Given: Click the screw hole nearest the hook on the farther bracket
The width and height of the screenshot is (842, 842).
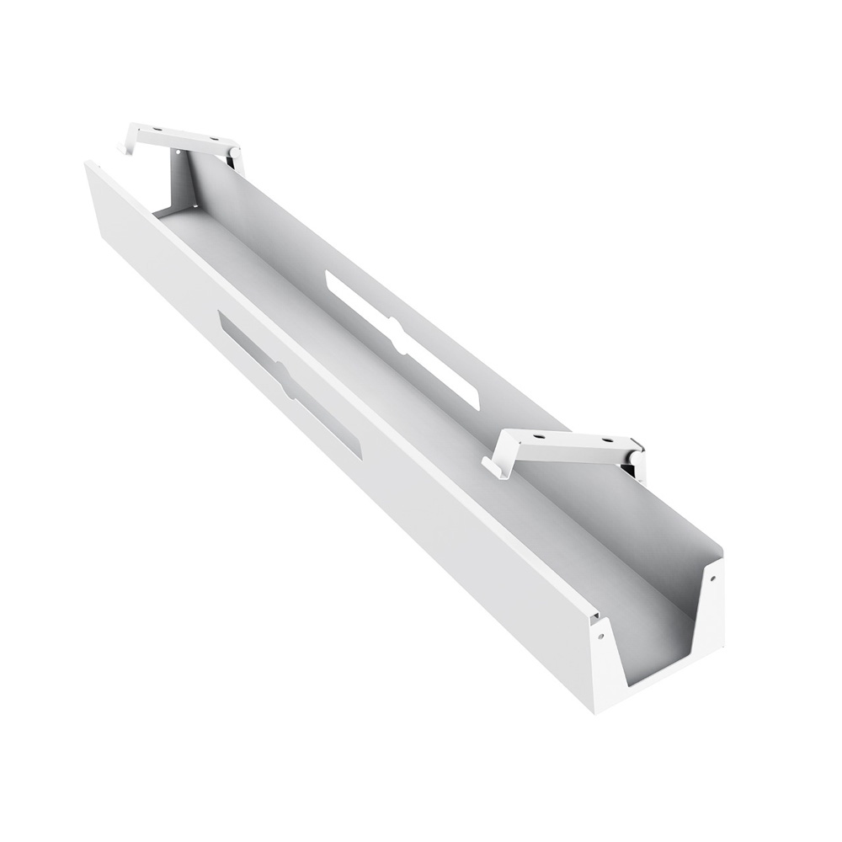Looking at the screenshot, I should pos(157,128).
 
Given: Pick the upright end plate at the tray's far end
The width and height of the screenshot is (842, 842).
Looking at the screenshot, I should pos(186,181).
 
